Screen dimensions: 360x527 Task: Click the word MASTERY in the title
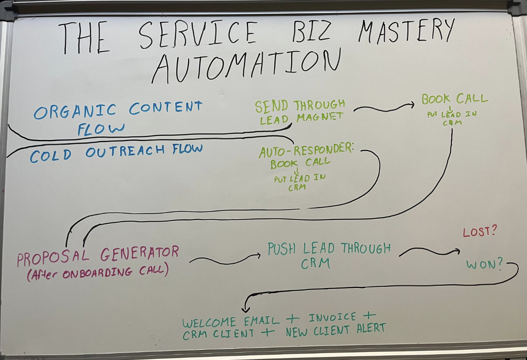(x=406, y=32)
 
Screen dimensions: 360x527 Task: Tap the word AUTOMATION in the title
(x=247, y=66)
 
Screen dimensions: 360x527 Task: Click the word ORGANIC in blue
(x=75, y=111)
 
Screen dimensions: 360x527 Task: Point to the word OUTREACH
(x=125, y=151)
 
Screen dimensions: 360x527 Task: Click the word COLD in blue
(x=50, y=156)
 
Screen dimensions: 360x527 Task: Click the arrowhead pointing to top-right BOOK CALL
(x=412, y=105)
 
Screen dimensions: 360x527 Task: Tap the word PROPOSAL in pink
(x=53, y=257)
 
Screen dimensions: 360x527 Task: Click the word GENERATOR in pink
(x=139, y=254)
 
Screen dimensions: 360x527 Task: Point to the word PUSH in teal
(x=282, y=249)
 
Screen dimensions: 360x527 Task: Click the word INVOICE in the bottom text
(x=332, y=317)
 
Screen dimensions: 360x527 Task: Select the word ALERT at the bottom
(x=371, y=328)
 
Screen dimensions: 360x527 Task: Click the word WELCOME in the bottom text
(x=209, y=322)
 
